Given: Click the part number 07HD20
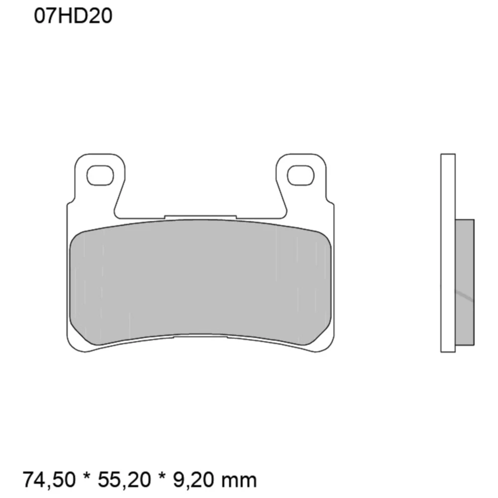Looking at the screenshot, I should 73,16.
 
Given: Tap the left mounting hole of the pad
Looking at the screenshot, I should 100,175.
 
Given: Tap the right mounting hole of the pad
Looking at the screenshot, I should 301,175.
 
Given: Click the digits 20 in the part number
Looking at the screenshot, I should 102,16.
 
